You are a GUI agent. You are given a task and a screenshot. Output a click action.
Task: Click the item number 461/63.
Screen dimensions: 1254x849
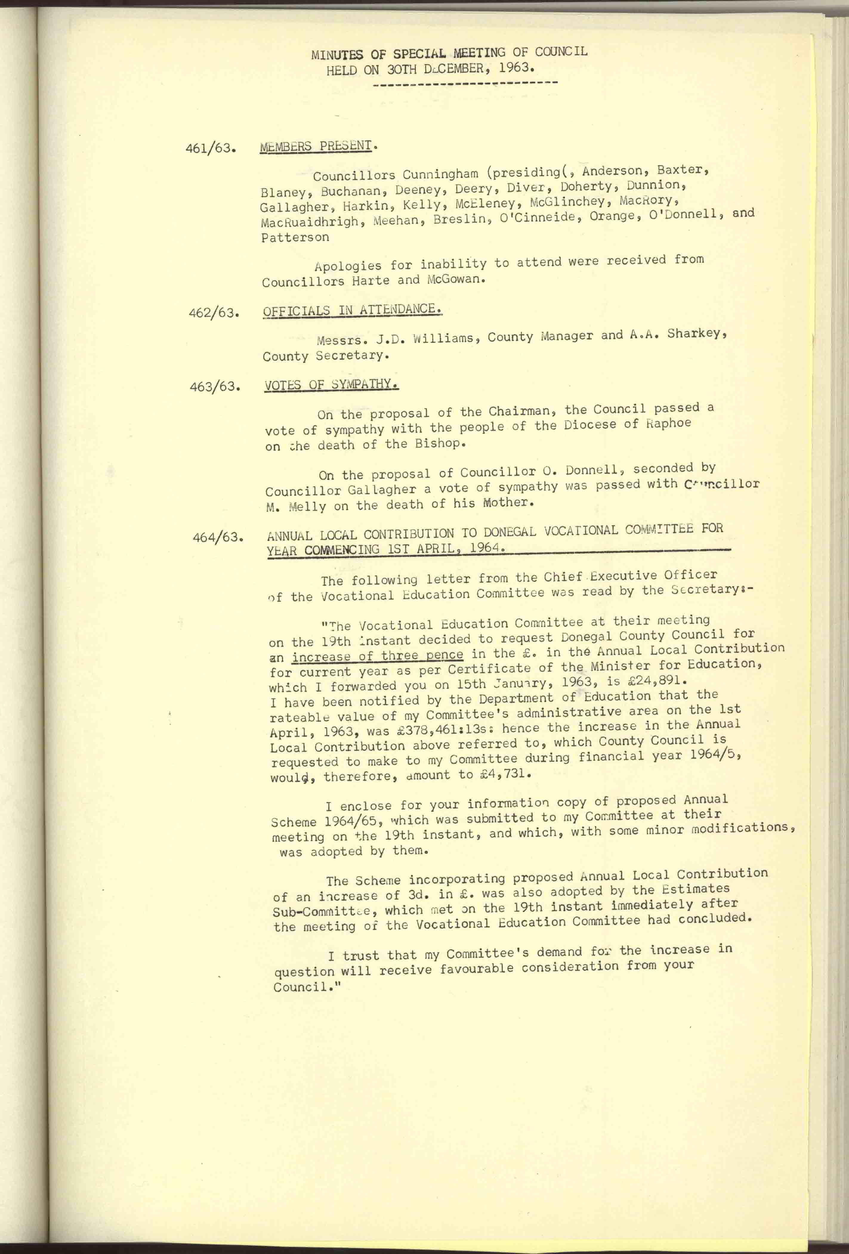click(x=211, y=149)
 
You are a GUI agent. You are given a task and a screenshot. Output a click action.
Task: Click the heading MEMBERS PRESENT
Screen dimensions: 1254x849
click(x=316, y=146)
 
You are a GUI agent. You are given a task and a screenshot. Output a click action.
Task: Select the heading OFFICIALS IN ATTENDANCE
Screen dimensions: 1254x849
click(x=352, y=310)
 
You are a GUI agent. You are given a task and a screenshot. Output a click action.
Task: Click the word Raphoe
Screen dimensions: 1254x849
click(x=668, y=423)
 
